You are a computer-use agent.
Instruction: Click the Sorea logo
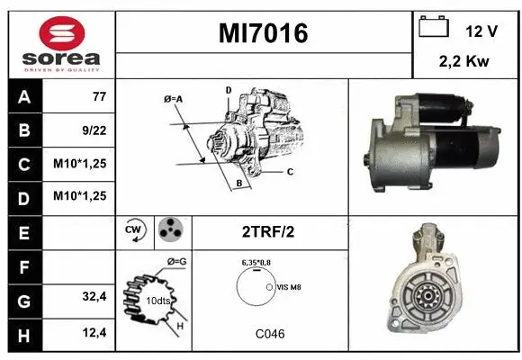pos(61,44)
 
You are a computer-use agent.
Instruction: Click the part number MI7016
pos(263,34)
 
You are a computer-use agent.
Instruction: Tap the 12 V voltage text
pos(481,31)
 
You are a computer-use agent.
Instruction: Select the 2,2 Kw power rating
pos(464,63)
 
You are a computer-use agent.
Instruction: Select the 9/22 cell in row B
pos(94,130)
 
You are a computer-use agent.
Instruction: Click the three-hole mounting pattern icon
pos(169,230)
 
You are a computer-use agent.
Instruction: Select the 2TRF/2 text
pos(268,231)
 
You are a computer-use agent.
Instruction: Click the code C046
pos(268,334)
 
